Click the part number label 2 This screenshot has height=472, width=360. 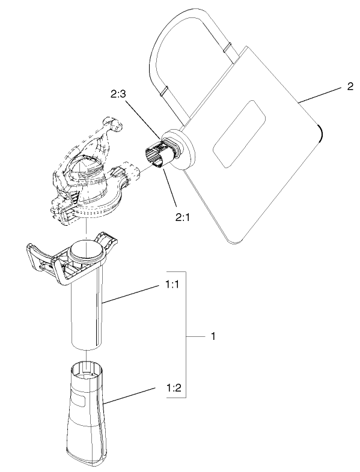pos(350,86)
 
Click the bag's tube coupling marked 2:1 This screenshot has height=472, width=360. pos(157,155)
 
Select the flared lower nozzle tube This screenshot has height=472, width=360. pos(87,414)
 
